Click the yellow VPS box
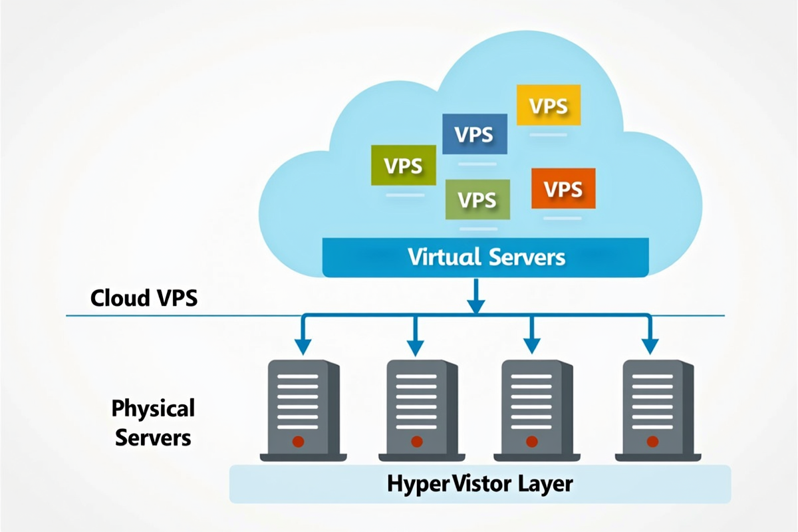tap(549, 106)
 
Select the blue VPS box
tap(474, 134)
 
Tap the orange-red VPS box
tap(563, 189)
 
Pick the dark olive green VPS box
tap(403, 165)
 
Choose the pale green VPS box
tap(477, 199)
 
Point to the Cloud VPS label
tap(144, 297)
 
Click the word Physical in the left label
tap(153, 408)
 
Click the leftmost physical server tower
tap(303, 409)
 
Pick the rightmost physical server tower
tap(657, 409)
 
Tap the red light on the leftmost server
tap(298, 441)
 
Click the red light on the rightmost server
tap(652, 441)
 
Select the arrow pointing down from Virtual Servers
tap(475, 296)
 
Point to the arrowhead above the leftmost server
tap(303, 346)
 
